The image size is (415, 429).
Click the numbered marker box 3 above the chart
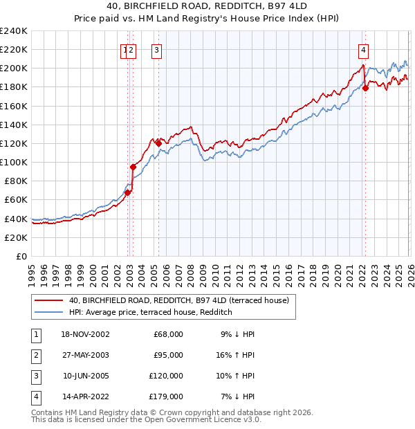pos(157,50)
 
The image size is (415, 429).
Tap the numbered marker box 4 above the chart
pos(363,50)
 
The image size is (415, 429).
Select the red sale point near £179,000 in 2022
pos(365,87)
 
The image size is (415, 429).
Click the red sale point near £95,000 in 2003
pos(133,167)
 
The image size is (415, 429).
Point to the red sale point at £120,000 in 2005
pos(158,143)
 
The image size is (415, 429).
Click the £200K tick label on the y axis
pos(13,69)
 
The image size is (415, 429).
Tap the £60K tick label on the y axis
pos(15,200)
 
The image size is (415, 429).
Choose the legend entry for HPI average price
pos(150,313)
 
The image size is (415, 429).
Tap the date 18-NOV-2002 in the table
pos(85,334)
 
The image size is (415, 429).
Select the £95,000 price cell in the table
pos(168,355)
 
